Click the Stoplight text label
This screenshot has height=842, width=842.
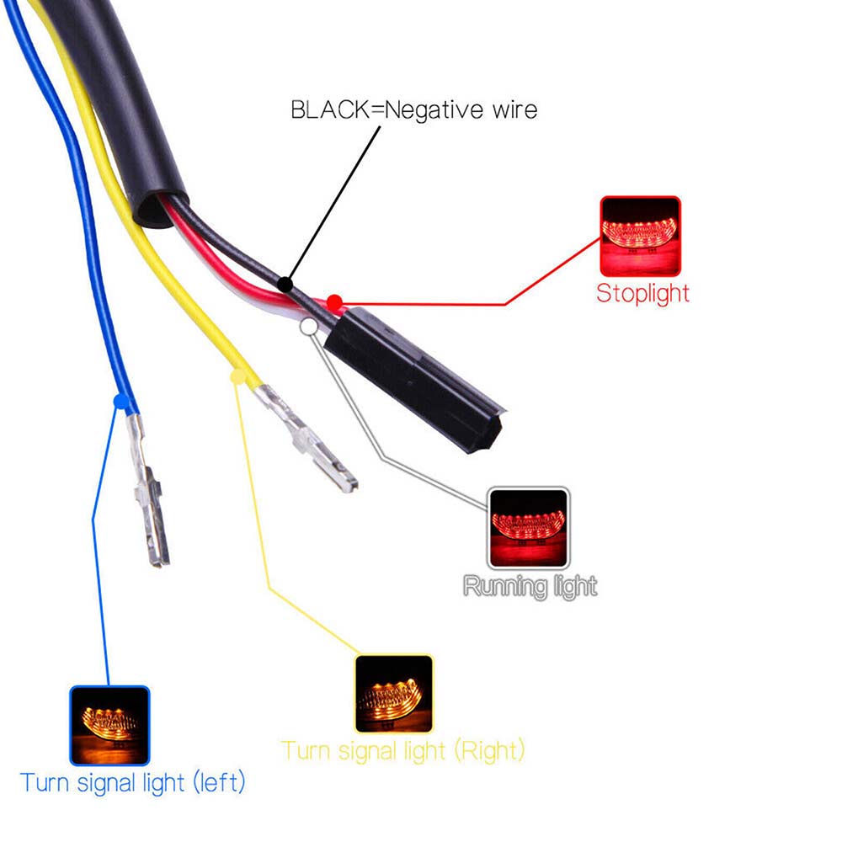642,294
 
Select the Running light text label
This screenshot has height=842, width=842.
530,586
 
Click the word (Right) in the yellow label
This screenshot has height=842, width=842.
490,749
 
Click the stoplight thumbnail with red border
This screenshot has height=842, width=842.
640,236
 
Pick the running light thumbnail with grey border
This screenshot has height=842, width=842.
529,528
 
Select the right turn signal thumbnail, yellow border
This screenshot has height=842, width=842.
394,693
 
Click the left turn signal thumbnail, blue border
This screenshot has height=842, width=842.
109,725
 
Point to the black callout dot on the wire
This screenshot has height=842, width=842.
286,285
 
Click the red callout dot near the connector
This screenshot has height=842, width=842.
333,301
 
